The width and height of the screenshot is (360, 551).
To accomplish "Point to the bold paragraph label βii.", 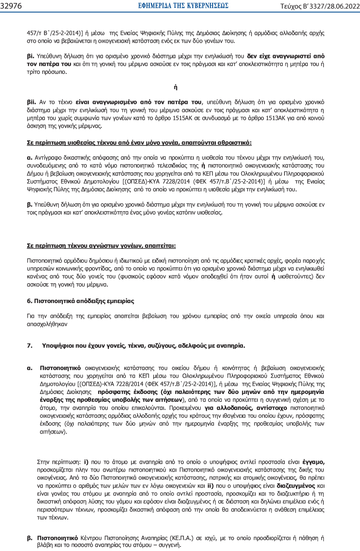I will point(32,102).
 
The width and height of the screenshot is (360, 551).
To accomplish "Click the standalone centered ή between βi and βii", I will point(176,86).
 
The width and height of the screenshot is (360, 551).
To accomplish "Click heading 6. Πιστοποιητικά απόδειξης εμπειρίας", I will point(82,301).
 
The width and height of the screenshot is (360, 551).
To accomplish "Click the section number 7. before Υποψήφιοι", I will point(30,346).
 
